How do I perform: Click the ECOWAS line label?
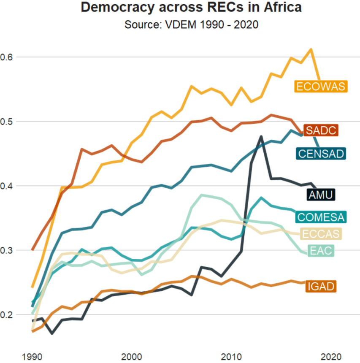pos(321,87)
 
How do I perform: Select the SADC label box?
pos(321,130)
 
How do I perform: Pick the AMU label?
pos(321,195)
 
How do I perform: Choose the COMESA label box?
pos(321,217)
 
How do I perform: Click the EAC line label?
pos(321,251)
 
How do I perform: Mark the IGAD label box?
pos(321,287)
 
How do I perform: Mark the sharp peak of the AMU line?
pos(261,136)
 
